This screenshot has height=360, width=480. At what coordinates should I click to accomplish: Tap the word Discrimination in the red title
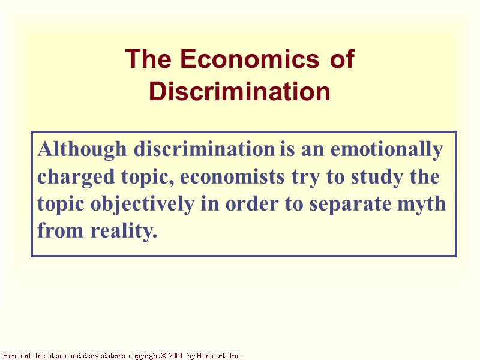(x=240, y=92)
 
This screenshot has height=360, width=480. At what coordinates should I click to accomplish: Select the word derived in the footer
(x=91, y=356)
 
